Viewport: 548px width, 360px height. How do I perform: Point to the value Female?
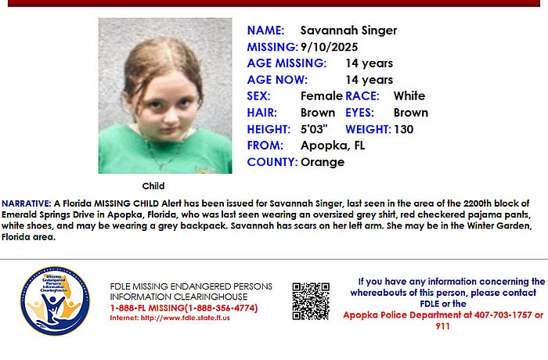(x=321, y=96)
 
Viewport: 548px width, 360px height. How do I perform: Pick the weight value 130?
(x=404, y=129)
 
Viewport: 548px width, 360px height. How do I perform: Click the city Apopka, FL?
(x=333, y=146)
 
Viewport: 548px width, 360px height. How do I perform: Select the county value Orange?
(x=323, y=162)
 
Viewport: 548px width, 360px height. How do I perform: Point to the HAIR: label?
(x=264, y=113)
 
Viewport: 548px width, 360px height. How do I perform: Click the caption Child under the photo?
(x=153, y=186)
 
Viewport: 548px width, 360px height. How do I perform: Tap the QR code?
(x=311, y=301)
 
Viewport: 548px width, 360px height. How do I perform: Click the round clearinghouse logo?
(x=55, y=301)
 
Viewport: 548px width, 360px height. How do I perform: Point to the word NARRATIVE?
(x=27, y=203)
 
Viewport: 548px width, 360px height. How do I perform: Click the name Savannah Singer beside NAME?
(x=349, y=31)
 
